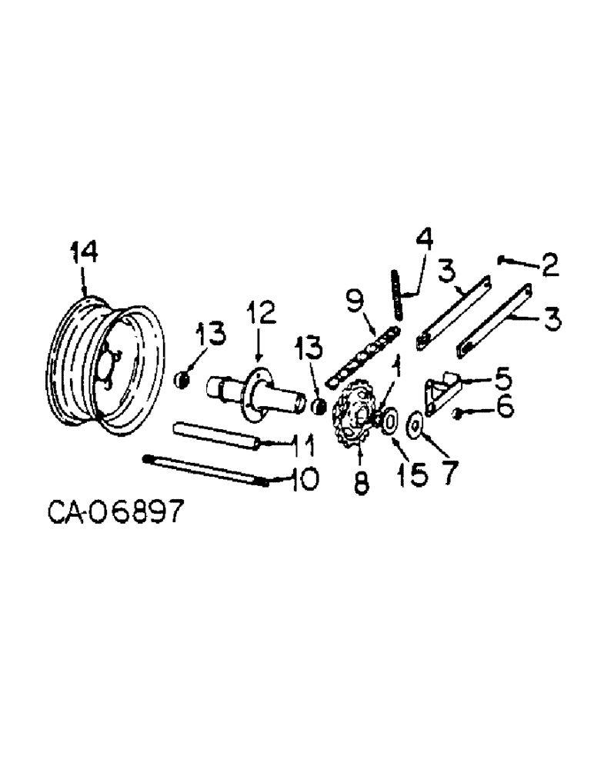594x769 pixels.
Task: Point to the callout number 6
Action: point(505,409)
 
